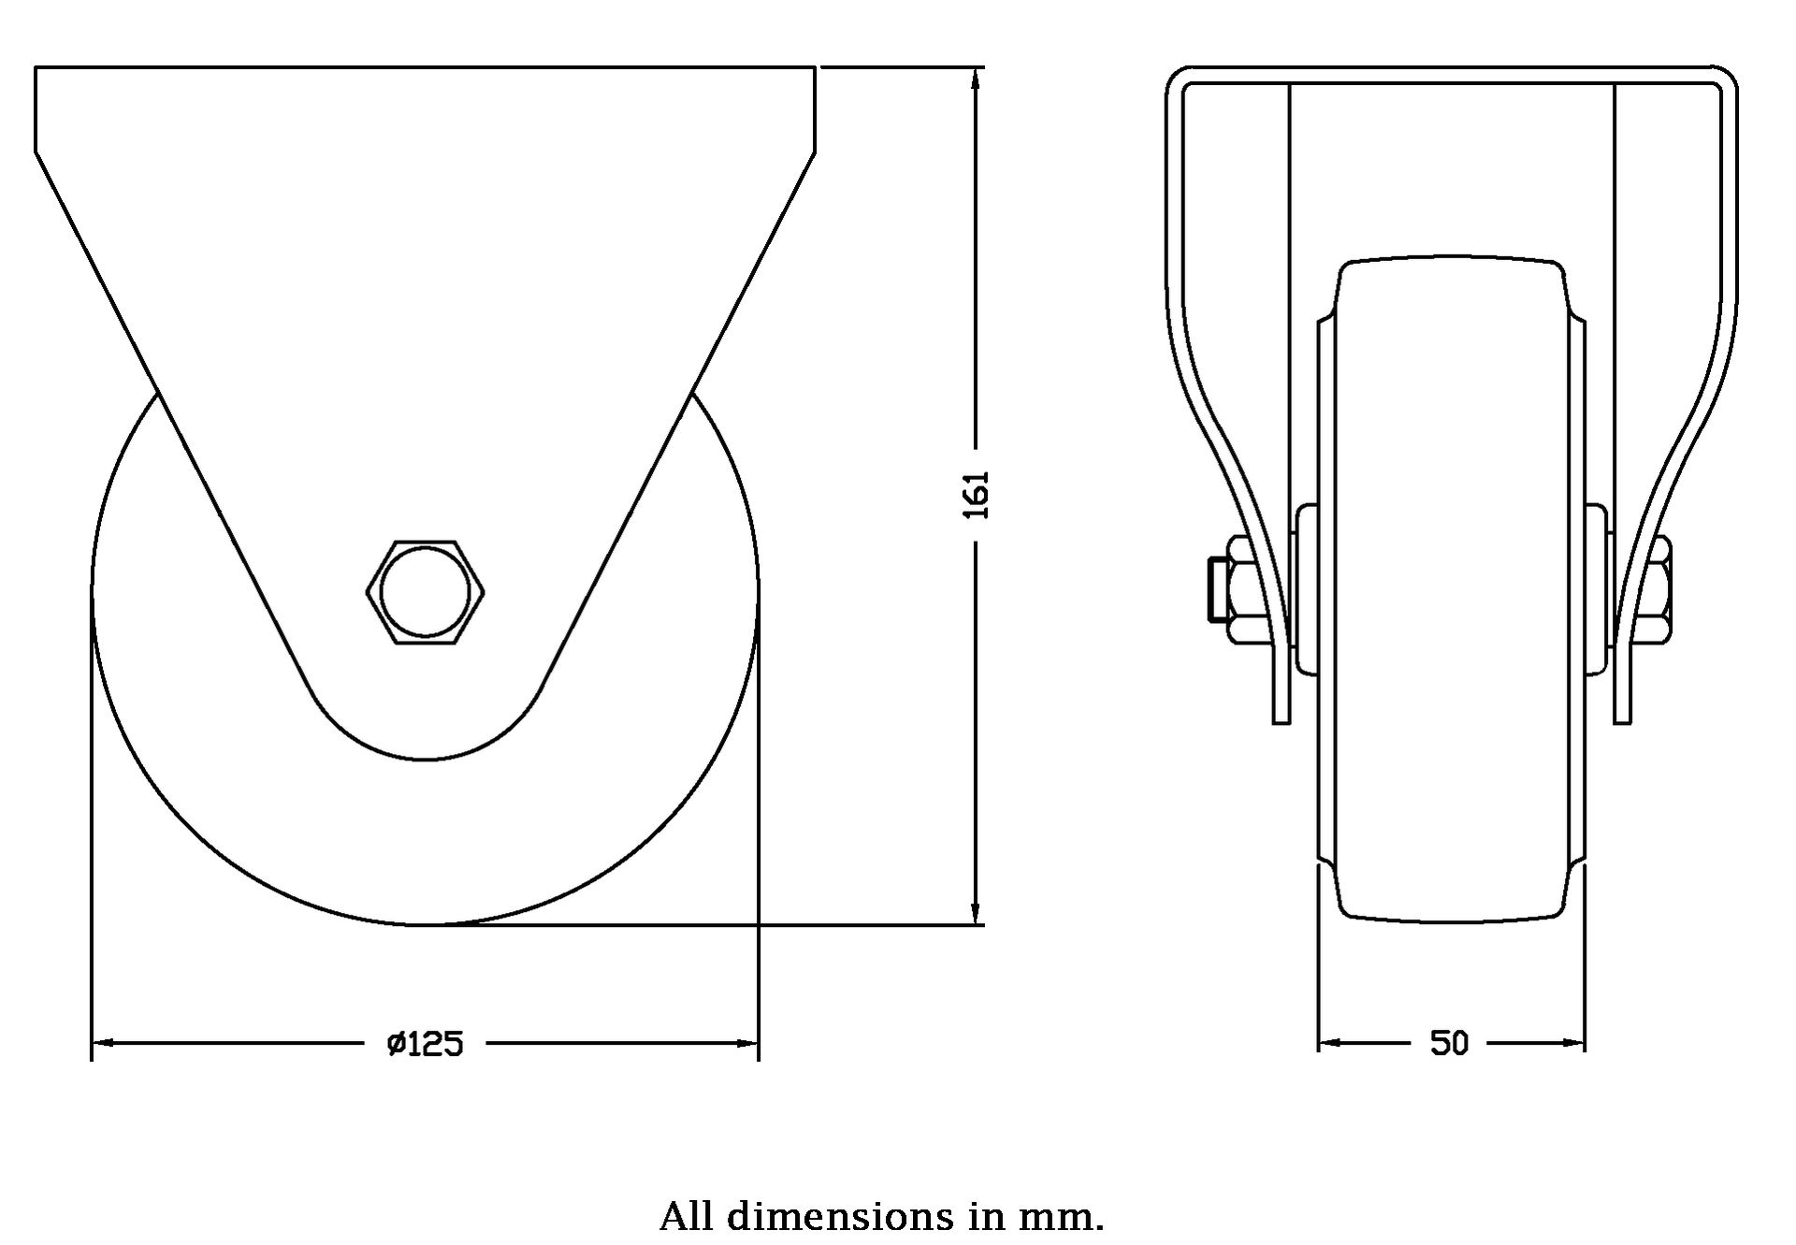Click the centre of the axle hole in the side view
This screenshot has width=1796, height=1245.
point(425,591)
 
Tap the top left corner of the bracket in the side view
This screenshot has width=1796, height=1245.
point(36,67)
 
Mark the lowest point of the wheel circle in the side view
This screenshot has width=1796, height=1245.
point(425,924)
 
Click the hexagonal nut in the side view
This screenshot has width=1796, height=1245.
point(425,591)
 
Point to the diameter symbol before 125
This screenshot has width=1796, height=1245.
point(396,1043)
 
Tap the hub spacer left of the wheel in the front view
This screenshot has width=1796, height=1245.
point(1306,589)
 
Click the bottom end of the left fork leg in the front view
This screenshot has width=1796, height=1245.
point(1282,722)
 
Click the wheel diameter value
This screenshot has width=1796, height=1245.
point(426,1043)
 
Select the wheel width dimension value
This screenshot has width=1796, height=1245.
point(1449,1043)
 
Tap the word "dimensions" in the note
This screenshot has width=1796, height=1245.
point(840,1216)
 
